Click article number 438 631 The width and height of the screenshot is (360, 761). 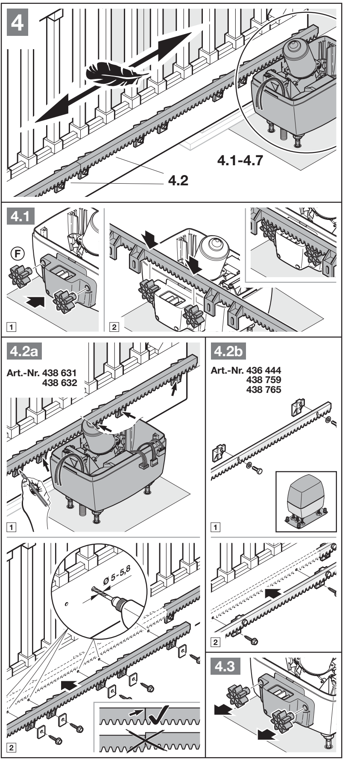[60, 375]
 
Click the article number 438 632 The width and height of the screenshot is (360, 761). [60, 383]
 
